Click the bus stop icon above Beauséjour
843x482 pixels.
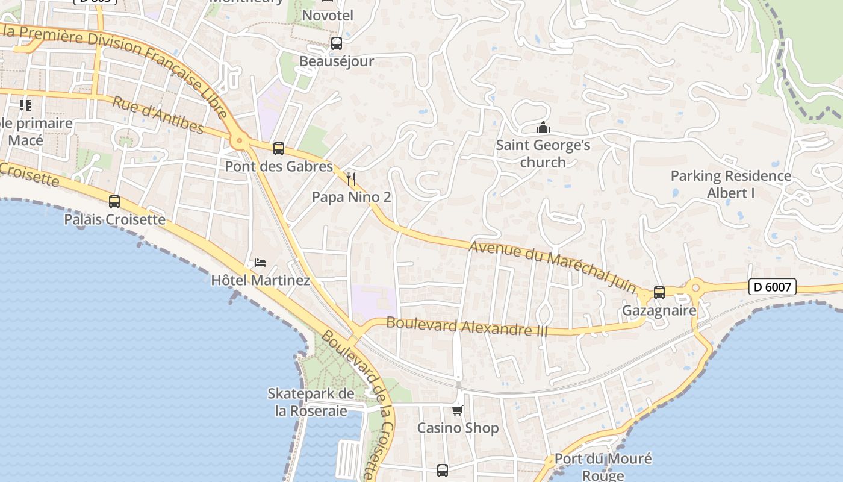coord(336,43)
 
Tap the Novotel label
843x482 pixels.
coord(328,16)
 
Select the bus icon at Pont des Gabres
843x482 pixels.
coord(278,148)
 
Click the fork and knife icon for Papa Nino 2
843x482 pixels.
coord(352,179)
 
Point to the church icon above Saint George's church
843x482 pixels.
coord(543,128)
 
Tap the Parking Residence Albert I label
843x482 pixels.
coord(731,184)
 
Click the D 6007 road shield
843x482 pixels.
coord(773,287)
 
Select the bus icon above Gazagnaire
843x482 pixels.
coord(659,293)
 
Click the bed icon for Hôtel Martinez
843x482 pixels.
coord(260,263)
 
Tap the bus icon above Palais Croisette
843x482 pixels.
coord(114,201)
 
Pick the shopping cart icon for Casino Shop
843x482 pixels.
coord(458,410)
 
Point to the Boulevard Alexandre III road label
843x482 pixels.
coord(467,327)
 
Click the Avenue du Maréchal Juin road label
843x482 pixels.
coord(552,266)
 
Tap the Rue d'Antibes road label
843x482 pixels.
coord(158,114)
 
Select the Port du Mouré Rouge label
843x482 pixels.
coord(603,466)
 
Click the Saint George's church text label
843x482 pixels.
coord(543,154)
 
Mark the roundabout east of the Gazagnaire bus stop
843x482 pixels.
coord(696,287)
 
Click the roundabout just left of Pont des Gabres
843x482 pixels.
coord(240,142)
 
